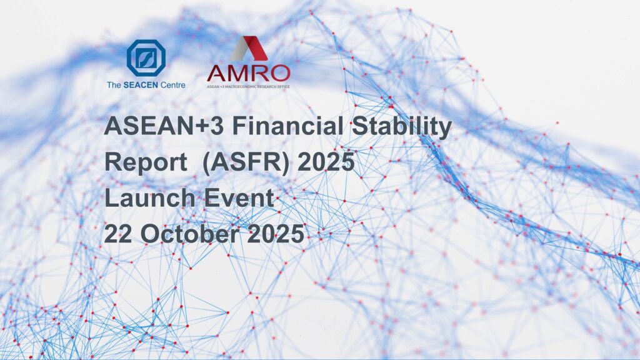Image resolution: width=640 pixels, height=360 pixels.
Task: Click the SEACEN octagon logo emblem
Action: (146, 58)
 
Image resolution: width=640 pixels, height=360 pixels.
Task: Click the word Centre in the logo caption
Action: (172, 85)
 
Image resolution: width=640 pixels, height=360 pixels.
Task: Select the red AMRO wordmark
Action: (248, 73)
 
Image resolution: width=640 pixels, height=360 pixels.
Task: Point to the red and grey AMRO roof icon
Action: (249, 48)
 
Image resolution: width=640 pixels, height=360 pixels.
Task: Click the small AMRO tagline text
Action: (248, 86)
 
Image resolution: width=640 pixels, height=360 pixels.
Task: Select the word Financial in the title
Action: (287, 126)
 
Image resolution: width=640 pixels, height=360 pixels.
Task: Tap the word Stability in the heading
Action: (402, 127)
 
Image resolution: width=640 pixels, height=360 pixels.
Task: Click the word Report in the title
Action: (146, 162)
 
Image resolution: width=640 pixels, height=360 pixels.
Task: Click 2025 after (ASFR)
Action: (326, 162)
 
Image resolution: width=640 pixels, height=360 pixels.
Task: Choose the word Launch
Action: (150, 197)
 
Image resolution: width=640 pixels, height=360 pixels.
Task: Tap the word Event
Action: (239, 197)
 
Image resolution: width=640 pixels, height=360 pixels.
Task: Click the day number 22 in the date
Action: (118, 234)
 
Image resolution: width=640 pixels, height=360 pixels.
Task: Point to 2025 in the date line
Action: (276, 234)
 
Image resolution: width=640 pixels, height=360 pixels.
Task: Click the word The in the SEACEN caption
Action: (114, 85)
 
